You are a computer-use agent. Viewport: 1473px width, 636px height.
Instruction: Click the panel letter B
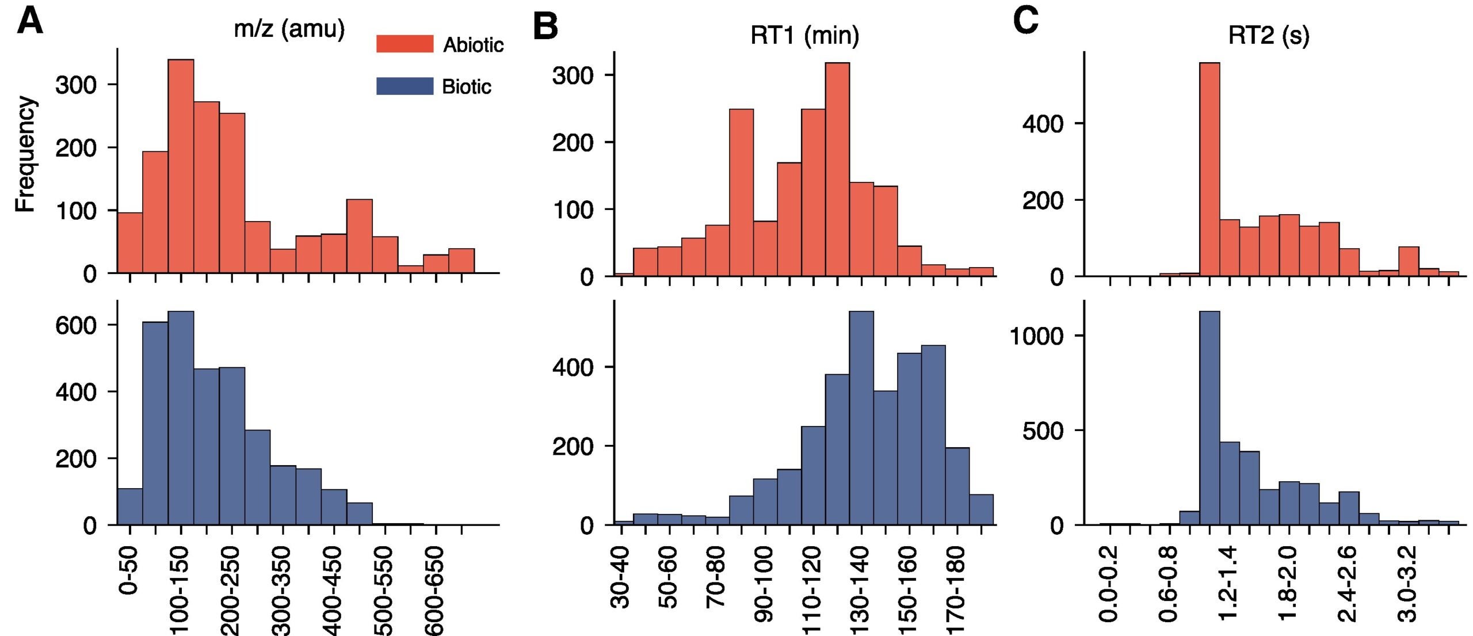point(545,26)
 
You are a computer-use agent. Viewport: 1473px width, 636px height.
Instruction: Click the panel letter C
point(1025,22)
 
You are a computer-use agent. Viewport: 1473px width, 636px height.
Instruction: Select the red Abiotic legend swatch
point(404,44)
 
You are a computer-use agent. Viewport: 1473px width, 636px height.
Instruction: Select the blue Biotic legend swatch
point(404,86)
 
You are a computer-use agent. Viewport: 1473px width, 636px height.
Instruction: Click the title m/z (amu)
point(289,28)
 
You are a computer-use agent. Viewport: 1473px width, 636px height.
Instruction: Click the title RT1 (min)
point(804,36)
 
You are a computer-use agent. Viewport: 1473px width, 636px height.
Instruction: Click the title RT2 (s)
point(1268,36)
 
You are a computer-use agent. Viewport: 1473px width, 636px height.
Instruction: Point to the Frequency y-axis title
point(25,154)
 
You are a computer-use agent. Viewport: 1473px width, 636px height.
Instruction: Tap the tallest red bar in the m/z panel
point(181,167)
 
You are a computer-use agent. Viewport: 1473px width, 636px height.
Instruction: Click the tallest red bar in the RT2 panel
point(1209,170)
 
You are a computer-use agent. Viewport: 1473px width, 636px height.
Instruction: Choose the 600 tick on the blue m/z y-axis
point(75,325)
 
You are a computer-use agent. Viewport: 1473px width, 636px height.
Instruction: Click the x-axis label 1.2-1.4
point(1228,584)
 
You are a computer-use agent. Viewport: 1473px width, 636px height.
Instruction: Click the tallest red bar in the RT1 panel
point(837,170)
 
